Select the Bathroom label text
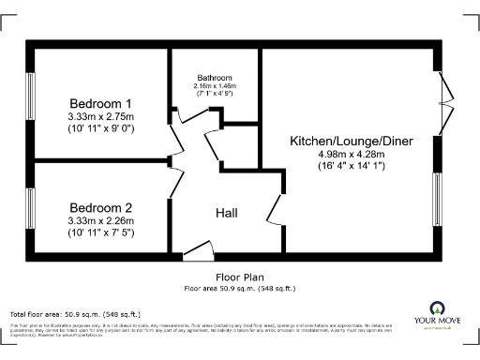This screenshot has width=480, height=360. pos(215,77)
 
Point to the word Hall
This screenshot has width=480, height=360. pos(226,213)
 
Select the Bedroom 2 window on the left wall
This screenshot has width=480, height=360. pos(31,208)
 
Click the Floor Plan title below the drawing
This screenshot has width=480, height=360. pos(239,278)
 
